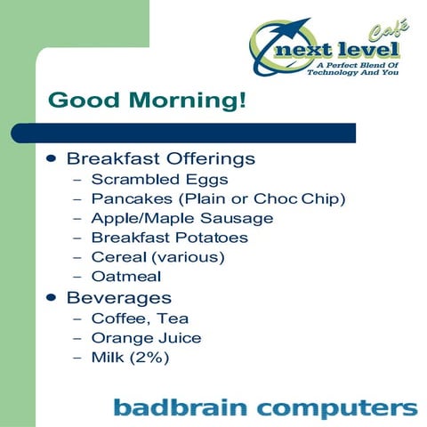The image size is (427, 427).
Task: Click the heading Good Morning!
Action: pyautogui.click(x=147, y=100)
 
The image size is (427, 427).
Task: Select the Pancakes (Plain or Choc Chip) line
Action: pyautogui.click(x=218, y=198)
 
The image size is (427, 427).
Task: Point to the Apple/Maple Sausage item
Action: pyautogui.click(x=182, y=218)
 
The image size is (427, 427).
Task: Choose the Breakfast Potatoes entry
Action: pyautogui.click(x=169, y=238)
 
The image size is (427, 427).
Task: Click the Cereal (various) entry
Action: pyautogui.click(x=157, y=257)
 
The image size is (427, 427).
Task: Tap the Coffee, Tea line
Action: pyautogui.click(x=140, y=318)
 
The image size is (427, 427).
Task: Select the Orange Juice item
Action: pyautogui.click(x=146, y=338)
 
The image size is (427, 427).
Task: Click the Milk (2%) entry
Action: pyautogui.click(x=130, y=358)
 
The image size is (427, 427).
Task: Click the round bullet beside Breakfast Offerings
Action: pyautogui.click(x=52, y=158)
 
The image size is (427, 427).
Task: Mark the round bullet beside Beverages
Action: pyautogui.click(x=52, y=297)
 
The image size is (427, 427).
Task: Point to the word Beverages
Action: pyautogui.click(x=119, y=297)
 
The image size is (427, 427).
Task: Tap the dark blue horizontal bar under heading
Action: pyautogui.click(x=182, y=133)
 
